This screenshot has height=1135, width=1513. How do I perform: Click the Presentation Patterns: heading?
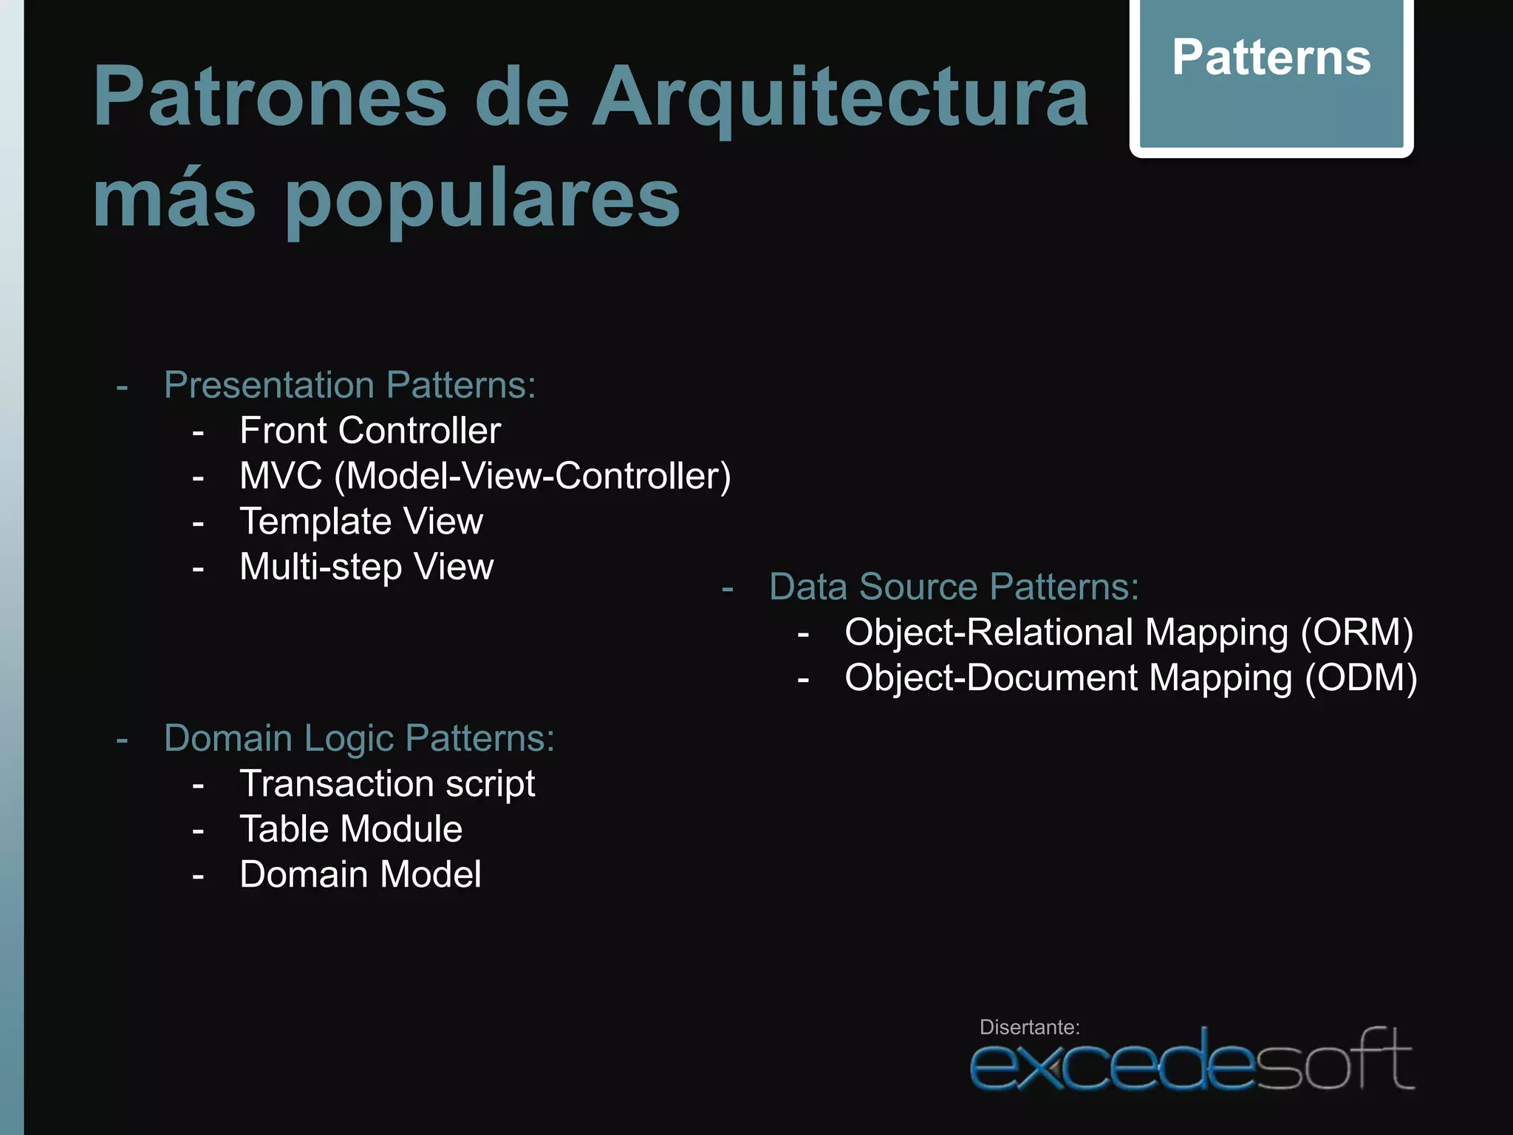349,385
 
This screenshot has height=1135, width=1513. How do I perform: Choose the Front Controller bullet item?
370,431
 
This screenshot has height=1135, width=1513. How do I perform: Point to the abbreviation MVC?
281,476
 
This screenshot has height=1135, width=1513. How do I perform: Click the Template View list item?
361,522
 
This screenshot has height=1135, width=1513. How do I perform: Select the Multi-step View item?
366,567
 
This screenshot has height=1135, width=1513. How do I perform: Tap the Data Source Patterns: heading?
954,587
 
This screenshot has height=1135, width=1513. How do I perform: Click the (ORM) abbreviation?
1356,633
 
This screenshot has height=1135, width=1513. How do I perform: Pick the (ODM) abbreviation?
1360,678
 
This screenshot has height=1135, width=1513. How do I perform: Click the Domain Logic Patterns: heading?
359,738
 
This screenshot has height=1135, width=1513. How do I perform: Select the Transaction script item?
387,784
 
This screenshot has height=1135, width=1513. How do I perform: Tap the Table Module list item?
351,829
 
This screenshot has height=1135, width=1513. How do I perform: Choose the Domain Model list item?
361,875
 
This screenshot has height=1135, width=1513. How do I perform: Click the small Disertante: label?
1029,1027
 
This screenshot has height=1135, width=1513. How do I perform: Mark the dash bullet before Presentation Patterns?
123,386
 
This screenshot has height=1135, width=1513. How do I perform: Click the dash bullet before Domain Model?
198,876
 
